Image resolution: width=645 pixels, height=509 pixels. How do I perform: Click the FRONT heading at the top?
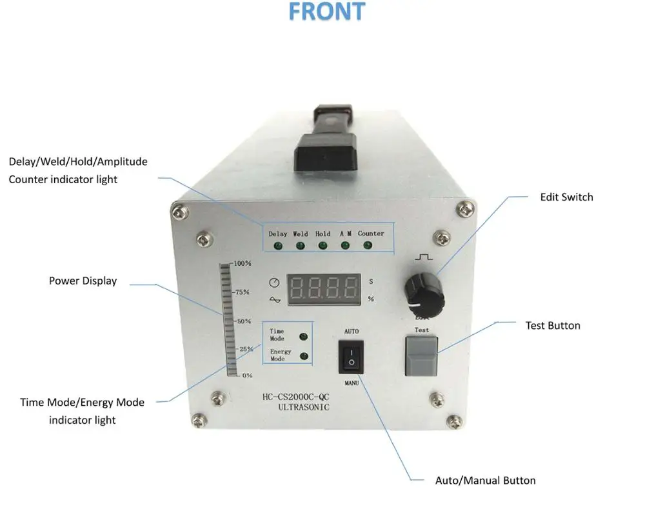pos(326,12)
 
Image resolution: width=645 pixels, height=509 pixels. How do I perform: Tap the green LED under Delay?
pos(278,246)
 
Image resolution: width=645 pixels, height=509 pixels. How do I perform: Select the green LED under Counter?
pos(368,245)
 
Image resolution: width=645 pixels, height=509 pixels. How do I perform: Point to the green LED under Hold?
pos(322,245)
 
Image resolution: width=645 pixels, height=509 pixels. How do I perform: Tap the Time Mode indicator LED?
pos(303,336)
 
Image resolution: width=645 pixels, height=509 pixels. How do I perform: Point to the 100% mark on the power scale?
pos(243,263)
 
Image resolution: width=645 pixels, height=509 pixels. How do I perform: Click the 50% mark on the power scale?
pos(243,321)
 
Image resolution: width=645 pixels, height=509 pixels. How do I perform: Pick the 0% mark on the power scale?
pos(246,375)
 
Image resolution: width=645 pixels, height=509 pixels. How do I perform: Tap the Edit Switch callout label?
pos(566,197)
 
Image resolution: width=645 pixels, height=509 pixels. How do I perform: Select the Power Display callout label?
pos(83,281)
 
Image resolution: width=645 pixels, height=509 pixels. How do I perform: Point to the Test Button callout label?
pos(553,326)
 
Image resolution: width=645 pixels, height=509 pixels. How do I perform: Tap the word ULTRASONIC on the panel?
pos(303,408)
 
